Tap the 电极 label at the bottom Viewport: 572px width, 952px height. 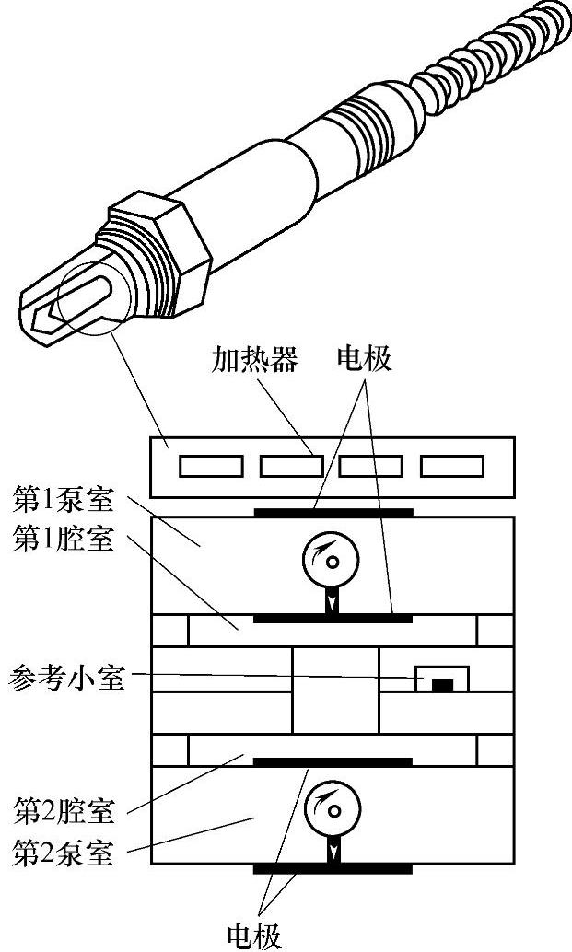click(254, 934)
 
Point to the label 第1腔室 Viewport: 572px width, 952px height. click(64, 540)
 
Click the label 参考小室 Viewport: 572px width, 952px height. click(65, 680)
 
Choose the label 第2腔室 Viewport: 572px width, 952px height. click(64, 812)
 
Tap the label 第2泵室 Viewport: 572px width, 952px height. click(64, 853)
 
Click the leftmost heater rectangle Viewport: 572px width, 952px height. click(211, 467)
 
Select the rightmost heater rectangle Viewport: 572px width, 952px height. click(452, 467)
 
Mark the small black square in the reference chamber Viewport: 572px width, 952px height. click(443, 685)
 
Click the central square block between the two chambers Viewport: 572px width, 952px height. click(334, 691)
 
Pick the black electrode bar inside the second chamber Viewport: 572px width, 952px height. click(333, 762)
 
